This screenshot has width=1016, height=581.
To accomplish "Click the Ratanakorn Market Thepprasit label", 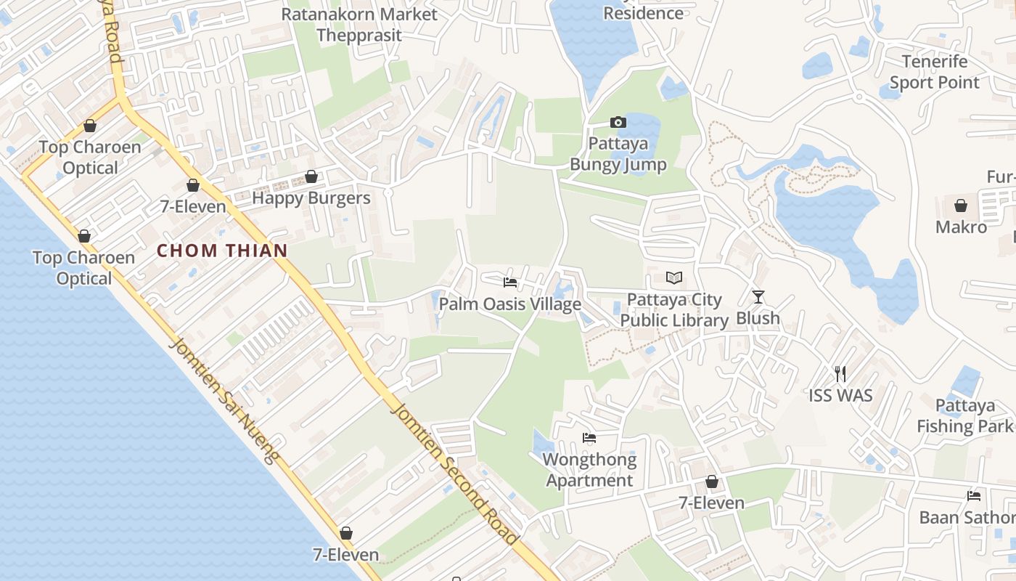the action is [x=359, y=25].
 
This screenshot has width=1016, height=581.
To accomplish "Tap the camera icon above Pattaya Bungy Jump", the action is [x=618, y=122].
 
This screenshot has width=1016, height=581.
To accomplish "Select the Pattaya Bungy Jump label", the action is [x=618, y=154].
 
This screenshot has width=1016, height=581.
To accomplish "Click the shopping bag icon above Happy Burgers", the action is [x=311, y=176].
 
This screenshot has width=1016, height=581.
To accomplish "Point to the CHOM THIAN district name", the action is [x=222, y=251].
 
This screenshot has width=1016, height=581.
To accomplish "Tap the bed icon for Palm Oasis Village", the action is [x=510, y=283].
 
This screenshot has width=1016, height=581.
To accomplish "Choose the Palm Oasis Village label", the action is [x=510, y=304].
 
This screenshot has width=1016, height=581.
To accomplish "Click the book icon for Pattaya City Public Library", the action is [x=674, y=278].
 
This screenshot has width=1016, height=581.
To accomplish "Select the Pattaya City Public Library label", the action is [x=674, y=310].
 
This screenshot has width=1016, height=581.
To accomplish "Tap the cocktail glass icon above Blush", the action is [x=758, y=296].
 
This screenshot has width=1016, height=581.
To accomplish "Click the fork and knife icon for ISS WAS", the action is [x=840, y=374].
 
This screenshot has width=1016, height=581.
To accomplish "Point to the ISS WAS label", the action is [x=840, y=396].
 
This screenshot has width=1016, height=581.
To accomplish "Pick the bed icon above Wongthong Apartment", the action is [x=589, y=438].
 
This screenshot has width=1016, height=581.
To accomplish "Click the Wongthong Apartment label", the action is [x=589, y=470].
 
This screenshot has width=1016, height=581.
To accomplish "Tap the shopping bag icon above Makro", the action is [x=961, y=206].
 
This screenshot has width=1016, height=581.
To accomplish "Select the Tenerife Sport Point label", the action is [x=935, y=72].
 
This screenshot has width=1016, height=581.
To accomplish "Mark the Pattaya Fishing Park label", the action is [x=964, y=415].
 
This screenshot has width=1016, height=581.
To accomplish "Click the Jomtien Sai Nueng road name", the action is [x=224, y=399].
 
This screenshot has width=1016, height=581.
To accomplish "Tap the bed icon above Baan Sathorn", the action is [x=974, y=496].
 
